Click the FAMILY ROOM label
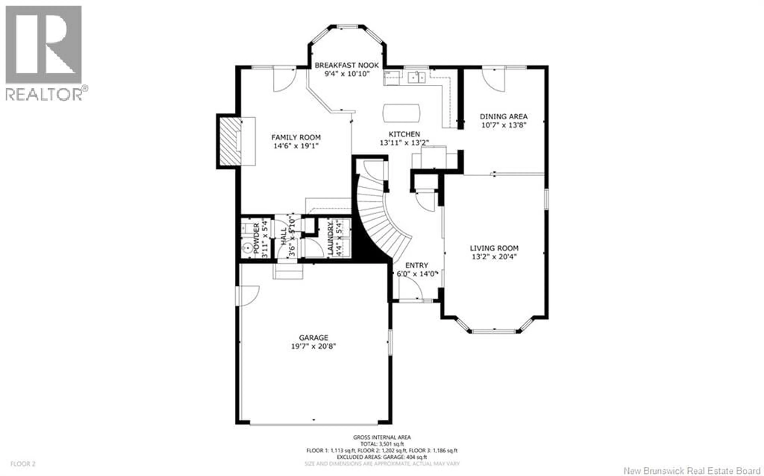(x=296, y=137)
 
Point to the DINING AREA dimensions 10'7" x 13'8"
(x=504, y=125)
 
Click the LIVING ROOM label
(x=494, y=248)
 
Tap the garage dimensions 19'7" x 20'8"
(x=314, y=346)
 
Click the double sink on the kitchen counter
(x=416, y=77)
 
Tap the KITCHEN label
(x=404, y=134)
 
